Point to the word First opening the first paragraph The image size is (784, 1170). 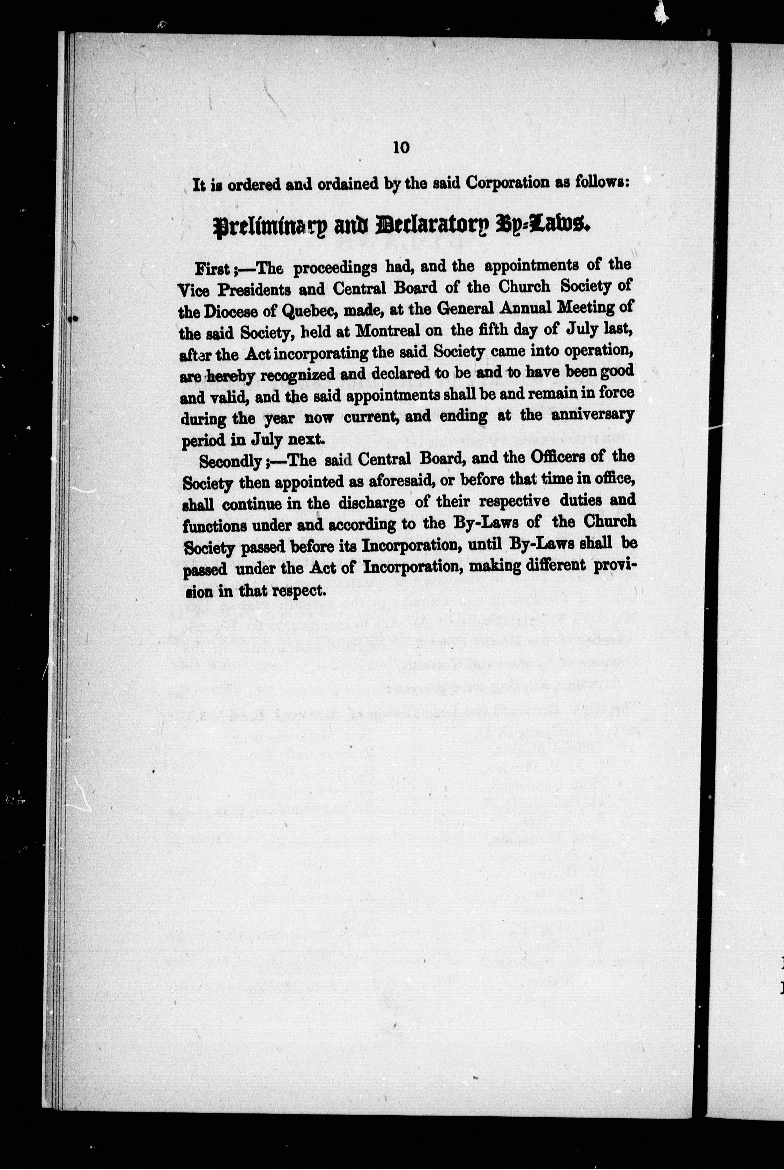coord(212,269)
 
